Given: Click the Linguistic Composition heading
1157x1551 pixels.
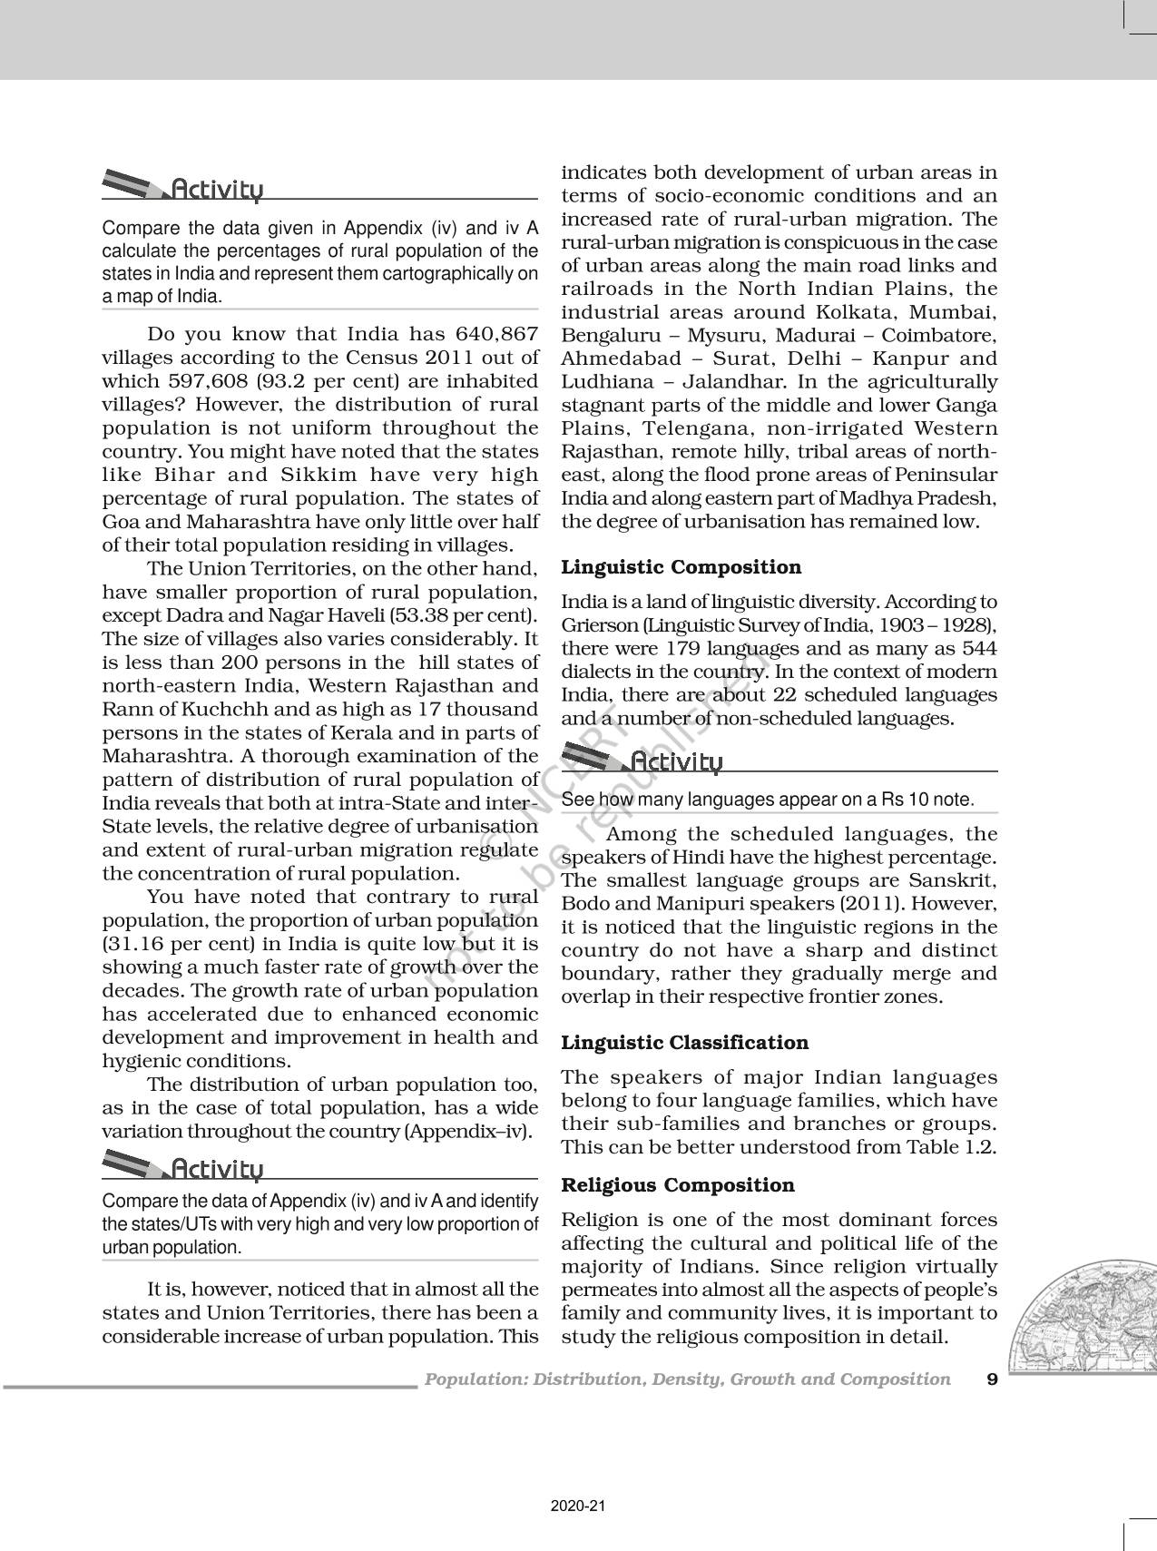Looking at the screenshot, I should (x=681, y=567).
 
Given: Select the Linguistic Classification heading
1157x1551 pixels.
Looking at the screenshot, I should (x=685, y=1043).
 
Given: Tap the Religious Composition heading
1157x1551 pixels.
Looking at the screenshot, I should (x=678, y=1185).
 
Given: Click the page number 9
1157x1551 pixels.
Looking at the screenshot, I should (x=992, y=1379).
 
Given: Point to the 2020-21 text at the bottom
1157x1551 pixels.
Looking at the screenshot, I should (x=577, y=1506).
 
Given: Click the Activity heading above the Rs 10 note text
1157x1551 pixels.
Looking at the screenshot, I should (x=676, y=761).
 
